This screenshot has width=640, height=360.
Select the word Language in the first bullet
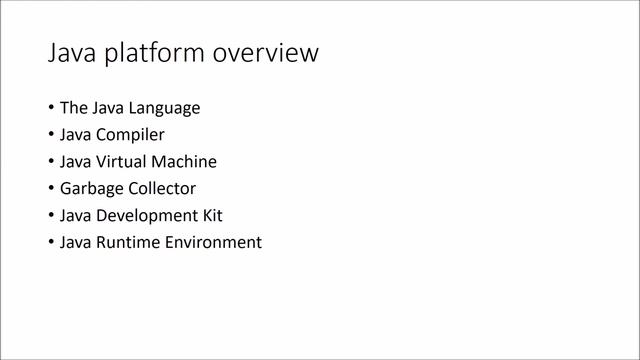[x=166, y=108]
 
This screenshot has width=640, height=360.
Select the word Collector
[x=161, y=189]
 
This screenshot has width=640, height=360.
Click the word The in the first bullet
[x=74, y=108]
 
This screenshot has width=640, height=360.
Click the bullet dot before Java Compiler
[x=51, y=135]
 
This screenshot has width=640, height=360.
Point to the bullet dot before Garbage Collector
[x=51, y=189]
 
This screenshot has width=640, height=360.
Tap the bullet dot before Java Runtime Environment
[x=51, y=243]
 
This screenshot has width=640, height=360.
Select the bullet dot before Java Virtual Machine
[x=51, y=162]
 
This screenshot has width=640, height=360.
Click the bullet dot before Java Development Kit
[x=51, y=216]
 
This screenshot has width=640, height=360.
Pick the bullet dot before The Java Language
[x=51, y=108]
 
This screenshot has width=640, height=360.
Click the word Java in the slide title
[x=70, y=53]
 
